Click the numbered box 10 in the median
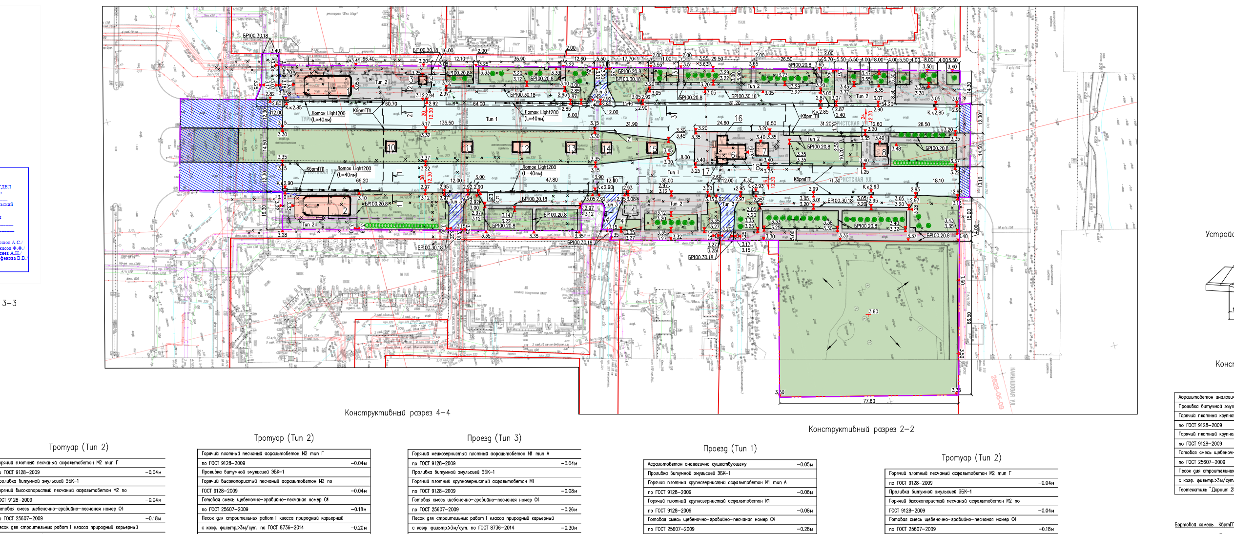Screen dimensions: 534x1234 click(x=391, y=147)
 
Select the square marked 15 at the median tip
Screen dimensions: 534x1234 click(x=652, y=148)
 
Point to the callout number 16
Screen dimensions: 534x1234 click(x=739, y=119)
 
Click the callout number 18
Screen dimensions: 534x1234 click(x=756, y=167)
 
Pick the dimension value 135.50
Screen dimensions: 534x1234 click(x=447, y=123)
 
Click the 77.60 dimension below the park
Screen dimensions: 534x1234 click(x=869, y=401)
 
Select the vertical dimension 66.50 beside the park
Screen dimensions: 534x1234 click(x=969, y=318)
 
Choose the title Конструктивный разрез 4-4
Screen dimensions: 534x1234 click(x=397, y=413)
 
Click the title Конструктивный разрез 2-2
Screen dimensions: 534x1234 click(x=861, y=430)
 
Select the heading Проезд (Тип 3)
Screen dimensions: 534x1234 click(x=494, y=438)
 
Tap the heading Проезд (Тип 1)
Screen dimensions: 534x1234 click(x=730, y=449)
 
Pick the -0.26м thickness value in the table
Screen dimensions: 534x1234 click(x=569, y=509)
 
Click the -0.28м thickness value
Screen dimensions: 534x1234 click(x=804, y=529)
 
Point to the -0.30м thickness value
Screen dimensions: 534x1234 click(x=569, y=528)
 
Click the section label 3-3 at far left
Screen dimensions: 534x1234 click(x=9, y=303)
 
